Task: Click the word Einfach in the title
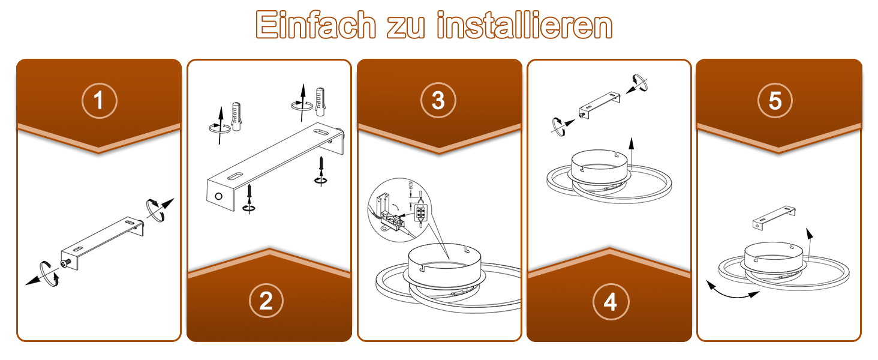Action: (x=315, y=25)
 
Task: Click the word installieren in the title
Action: (x=524, y=25)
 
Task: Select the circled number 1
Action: (x=99, y=100)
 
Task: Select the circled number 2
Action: (x=266, y=301)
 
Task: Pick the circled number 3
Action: (x=438, y=100)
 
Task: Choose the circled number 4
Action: (x=611, y=302)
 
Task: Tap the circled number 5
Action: (x=775, y=100)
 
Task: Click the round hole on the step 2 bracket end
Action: (x=219, y=196)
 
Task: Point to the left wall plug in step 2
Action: (x=236, y=116)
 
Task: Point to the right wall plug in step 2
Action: (x=320, y=101)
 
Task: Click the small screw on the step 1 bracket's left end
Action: (x=65, y=263)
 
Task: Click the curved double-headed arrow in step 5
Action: (x=733, y=290)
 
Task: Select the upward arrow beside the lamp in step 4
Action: (x=631, y=154)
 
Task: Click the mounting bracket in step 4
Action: (x=599, y=105)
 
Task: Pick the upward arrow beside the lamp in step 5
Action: (x=809, y=244)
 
